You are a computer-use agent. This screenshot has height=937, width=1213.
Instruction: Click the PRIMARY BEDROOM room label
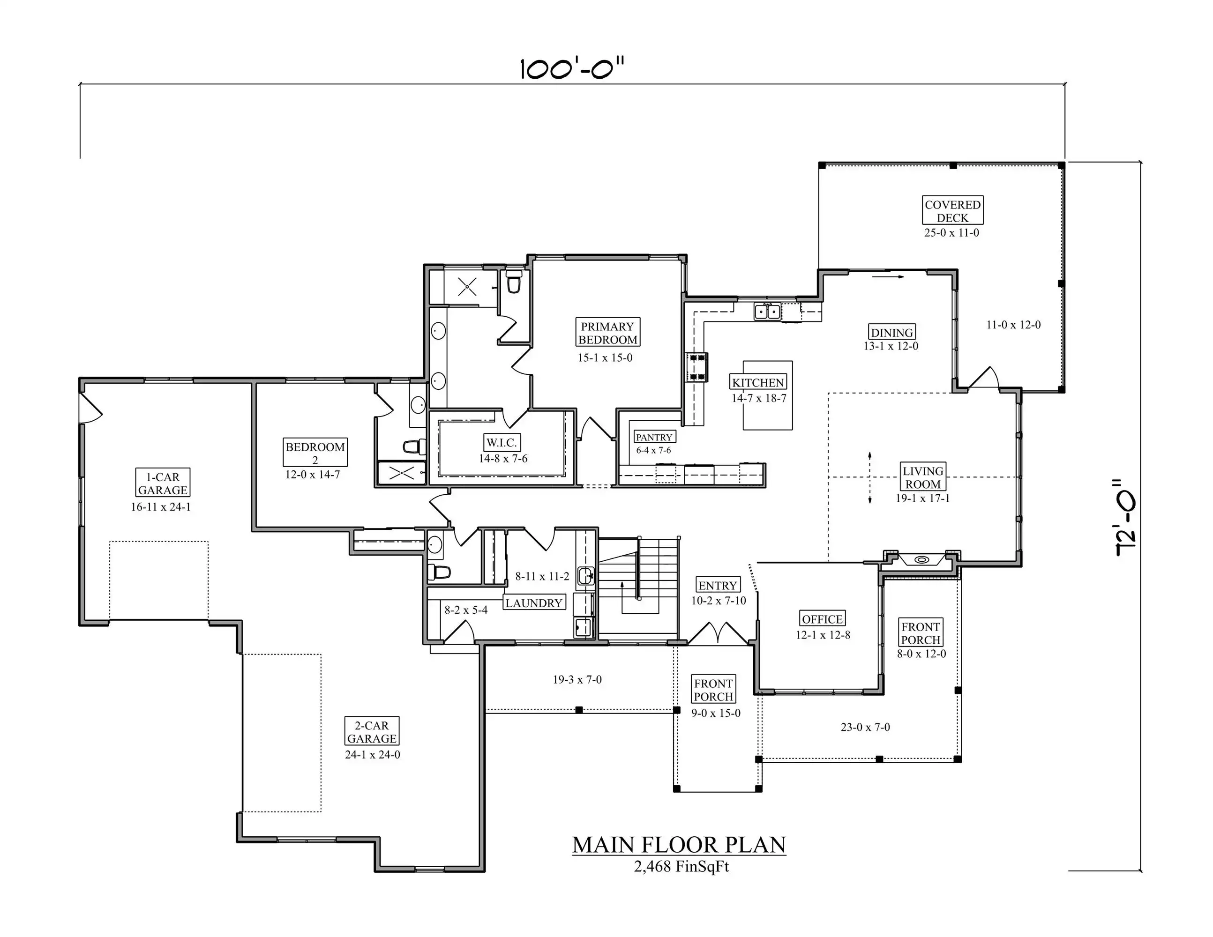[607, 333]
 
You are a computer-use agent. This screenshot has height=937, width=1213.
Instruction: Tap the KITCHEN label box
[758, 382]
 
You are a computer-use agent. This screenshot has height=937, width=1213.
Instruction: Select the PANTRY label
[654, 437]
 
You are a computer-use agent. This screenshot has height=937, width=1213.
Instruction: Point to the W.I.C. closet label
[502, 442]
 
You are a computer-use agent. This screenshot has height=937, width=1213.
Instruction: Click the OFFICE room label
[822, 618]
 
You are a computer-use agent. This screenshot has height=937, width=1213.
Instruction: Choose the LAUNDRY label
[534, 602]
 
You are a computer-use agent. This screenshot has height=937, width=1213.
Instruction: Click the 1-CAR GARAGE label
[163, 483]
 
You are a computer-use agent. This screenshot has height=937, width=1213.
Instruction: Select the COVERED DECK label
[952, 210]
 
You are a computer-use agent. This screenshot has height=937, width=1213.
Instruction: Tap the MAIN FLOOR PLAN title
[679, 844]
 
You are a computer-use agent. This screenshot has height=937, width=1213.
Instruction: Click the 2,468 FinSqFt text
[681, 867]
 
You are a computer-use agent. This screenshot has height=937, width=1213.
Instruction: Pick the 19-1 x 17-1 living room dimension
[922, 498]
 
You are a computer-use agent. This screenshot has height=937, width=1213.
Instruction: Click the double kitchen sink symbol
[768, 312]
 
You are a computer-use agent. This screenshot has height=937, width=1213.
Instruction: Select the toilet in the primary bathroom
[514, 282]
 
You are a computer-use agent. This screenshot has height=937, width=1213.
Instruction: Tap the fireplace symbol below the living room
[921, 559]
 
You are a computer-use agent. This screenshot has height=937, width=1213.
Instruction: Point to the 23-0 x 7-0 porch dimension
[865, 727]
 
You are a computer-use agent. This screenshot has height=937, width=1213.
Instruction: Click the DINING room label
[892, 332]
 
